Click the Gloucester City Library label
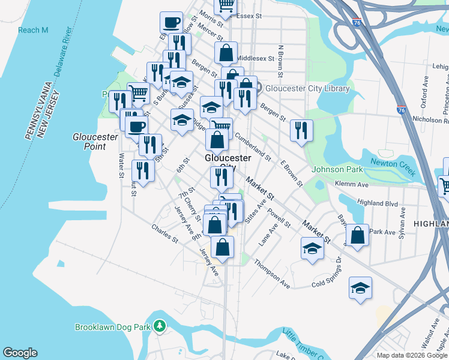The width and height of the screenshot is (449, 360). point(307,88)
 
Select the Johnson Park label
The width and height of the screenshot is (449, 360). point(337,170)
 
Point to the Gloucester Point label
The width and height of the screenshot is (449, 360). point(95,141)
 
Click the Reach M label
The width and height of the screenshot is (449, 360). point(33,30)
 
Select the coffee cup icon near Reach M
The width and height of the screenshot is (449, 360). point(171,22)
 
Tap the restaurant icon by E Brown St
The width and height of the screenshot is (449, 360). point(301,131)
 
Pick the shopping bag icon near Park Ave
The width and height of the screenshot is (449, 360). point(357,235)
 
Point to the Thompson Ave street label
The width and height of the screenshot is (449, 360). point(272,274)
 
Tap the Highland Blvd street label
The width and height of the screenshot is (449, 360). point(378,204)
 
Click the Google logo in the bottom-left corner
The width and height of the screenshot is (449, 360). point(20,353)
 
